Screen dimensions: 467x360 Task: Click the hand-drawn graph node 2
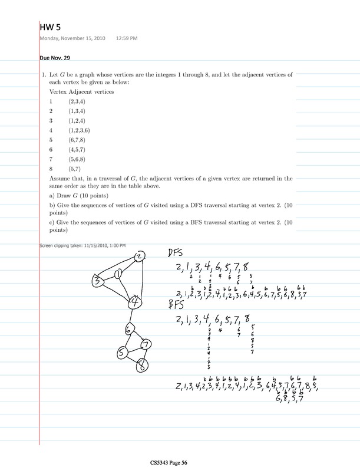point(138,257)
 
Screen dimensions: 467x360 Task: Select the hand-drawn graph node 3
point(97,282)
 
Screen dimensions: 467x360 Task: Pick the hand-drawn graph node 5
point(122,353)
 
